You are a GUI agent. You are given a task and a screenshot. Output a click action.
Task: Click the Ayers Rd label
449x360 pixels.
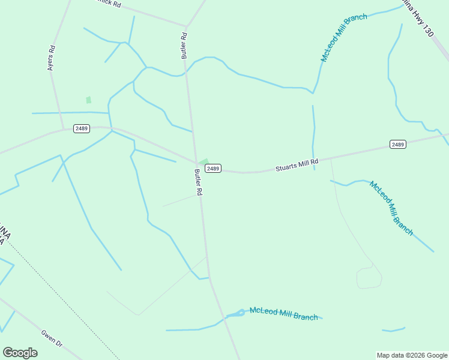pos(52,58)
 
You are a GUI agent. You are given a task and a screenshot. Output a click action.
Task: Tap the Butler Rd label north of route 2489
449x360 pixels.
pos(184,45)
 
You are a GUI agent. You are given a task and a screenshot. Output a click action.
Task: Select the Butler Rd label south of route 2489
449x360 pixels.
pos(198,182)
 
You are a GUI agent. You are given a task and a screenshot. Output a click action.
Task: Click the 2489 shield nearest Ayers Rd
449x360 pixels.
pos(82,128)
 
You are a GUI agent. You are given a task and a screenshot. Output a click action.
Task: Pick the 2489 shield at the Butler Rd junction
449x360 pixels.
pos(213,169)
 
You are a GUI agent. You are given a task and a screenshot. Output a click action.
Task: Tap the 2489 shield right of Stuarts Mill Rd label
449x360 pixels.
pos(397,144)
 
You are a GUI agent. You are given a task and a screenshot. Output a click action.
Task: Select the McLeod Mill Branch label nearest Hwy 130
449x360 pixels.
pos(343,37)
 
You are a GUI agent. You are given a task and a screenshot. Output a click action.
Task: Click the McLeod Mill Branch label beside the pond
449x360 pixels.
pos(283,313)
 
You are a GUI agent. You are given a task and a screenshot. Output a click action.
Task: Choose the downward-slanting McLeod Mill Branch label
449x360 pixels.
pos(391,208)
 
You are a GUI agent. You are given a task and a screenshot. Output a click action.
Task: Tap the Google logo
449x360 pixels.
pos(20,353)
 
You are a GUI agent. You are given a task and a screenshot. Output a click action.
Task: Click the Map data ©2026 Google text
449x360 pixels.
pos(412,355)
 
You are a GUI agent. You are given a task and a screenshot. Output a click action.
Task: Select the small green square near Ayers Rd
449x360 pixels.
pos(88,100)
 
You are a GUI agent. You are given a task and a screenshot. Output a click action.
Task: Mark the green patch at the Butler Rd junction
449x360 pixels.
pos(203,162)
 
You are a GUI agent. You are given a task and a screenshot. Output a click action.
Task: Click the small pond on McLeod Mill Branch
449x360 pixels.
pos(241,312)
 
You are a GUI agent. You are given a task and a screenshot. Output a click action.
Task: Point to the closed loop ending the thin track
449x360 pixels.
pos(369,277)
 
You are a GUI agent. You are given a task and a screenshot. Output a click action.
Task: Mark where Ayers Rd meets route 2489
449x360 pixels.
pos(64,129)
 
